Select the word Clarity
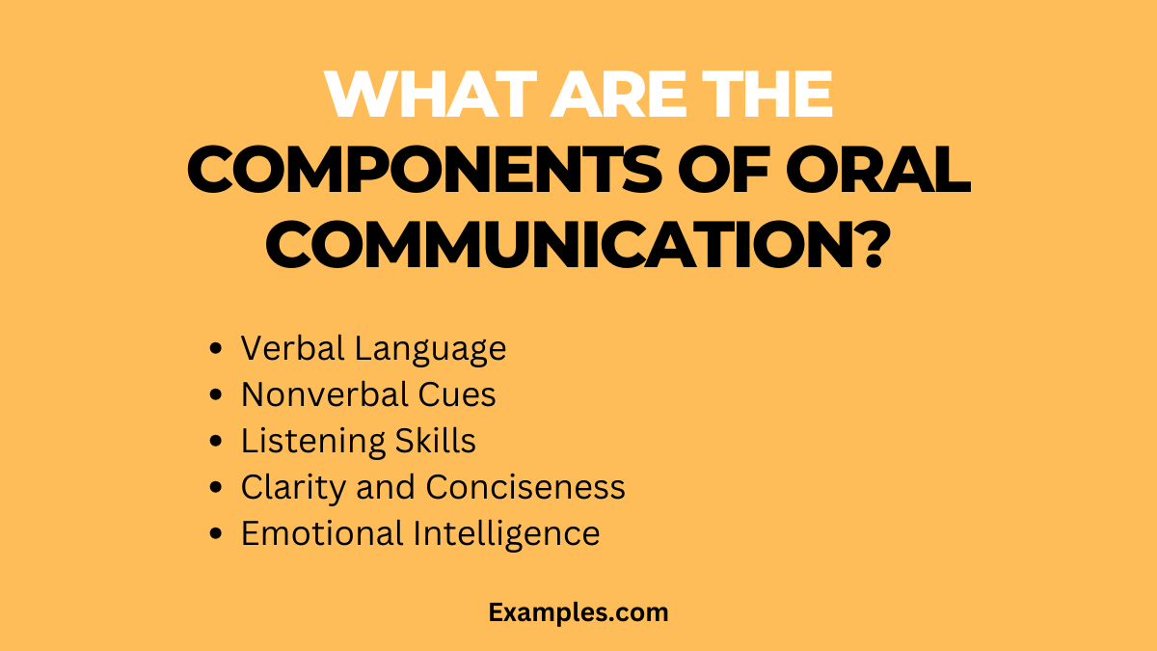(x=294, y=488)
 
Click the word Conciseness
(x=525, y=487)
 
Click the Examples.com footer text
(x=578, y=612)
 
